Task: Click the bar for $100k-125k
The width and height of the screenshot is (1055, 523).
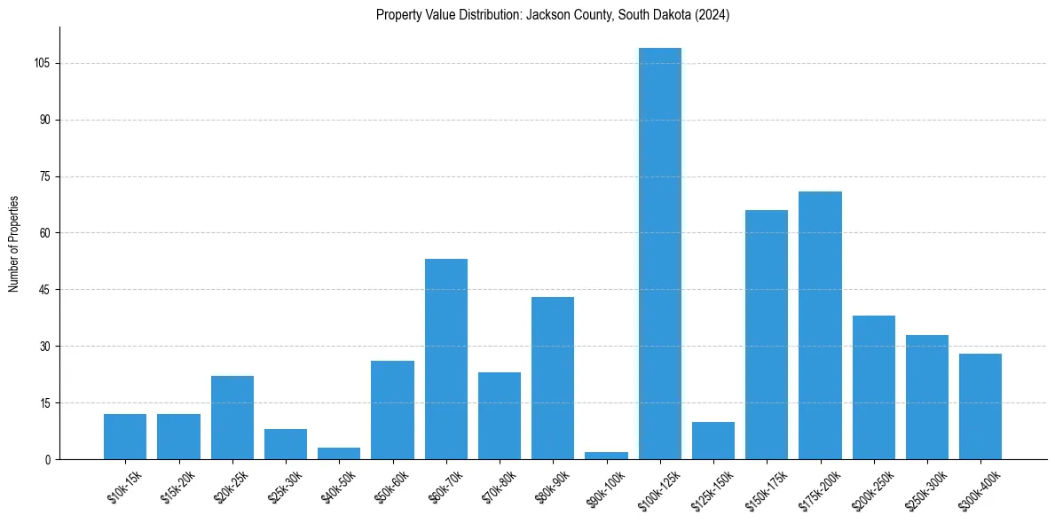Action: point(660,254)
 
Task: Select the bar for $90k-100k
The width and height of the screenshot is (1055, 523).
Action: point(607,456)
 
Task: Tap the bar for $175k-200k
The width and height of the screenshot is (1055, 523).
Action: point(820,325)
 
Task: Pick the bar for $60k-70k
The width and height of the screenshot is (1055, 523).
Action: point(446,359)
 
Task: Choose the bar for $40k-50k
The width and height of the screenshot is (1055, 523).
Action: point(339,454)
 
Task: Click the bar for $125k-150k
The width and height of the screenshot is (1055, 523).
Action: point(713,441)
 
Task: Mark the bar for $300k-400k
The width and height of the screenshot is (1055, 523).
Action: point(980,406)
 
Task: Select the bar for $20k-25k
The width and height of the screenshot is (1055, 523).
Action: point(232,418)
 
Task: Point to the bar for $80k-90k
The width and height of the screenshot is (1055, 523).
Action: point(553,378)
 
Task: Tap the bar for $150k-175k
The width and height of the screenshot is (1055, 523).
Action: point(767,334)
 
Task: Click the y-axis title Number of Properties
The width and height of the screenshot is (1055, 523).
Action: point(14,244)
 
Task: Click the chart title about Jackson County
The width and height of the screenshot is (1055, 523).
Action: point(553,15)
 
